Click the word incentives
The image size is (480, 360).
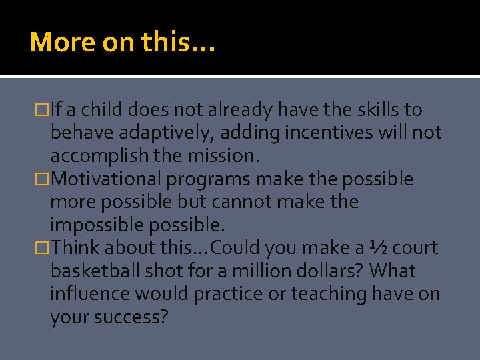click(321, 133)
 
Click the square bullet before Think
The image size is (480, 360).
click(45, 249)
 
